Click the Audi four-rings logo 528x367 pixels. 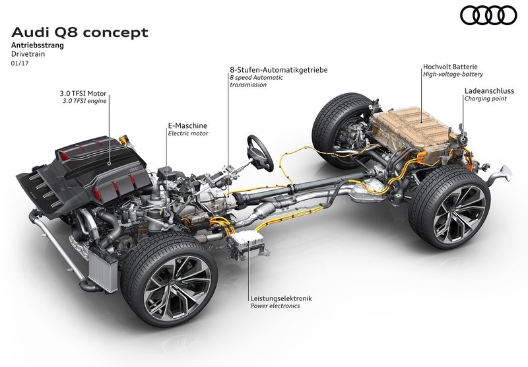pos(488,15)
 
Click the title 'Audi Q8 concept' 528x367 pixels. pos(80,32)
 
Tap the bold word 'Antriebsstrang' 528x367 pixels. pos(38,45)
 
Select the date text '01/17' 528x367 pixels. pos(20,63)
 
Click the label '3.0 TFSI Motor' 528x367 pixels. pos(83,93)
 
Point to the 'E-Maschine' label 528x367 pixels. pos(187,125)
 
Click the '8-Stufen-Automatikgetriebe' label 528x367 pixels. pos(279,70)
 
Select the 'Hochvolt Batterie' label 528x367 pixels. pos(450,67)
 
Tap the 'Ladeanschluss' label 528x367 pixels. pos(489,90)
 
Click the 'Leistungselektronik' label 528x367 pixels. pos(281,298)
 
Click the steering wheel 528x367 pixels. pos(260,153)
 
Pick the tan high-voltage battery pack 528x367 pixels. pos(415,131)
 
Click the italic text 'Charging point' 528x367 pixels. pos(486,98)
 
